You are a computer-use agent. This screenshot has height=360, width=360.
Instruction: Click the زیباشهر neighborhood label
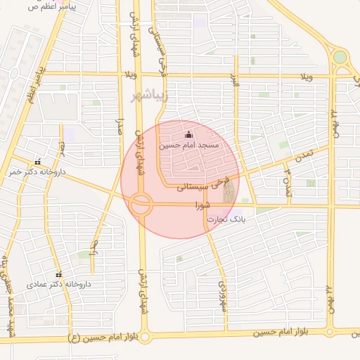pos(150,95)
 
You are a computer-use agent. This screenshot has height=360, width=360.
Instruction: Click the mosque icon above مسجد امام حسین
pos(188,134)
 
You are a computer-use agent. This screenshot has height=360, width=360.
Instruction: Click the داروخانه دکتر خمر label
pos(37,171)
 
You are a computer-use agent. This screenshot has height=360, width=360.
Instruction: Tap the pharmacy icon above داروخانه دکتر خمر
pos(37,161)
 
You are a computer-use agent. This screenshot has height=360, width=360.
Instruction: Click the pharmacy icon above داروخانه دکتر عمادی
pos(58,275)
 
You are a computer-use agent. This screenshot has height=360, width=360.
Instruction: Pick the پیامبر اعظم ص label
pos(53,6)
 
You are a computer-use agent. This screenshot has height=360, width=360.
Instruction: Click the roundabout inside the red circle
pos(140,205)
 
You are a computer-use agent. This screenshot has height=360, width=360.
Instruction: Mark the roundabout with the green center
pos(340,57)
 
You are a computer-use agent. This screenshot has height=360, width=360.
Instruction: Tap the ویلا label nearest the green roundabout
pos(305,75)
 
